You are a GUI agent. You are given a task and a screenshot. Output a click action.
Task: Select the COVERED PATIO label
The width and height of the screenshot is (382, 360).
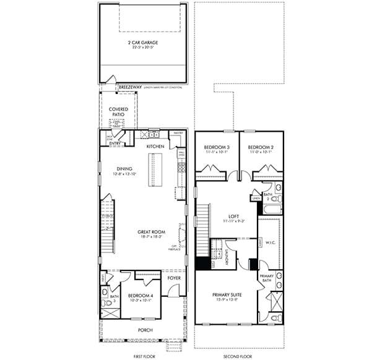[x=119, y=111]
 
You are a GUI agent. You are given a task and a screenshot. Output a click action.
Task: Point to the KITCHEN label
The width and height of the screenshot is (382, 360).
[x=155, y=146]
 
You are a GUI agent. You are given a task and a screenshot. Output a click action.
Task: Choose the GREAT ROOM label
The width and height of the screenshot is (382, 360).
[x=150, y=231]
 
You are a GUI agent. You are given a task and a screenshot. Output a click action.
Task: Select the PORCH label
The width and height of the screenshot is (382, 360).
[x=145, y=330]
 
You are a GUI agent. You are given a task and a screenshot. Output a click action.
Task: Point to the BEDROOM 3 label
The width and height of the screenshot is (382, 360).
[x=216, y=147]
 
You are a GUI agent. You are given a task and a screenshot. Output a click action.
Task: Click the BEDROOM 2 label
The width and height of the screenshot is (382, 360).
[x=260, y=147]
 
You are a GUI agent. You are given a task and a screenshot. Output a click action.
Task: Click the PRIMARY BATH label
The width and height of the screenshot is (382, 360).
[x=267, y=278]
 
